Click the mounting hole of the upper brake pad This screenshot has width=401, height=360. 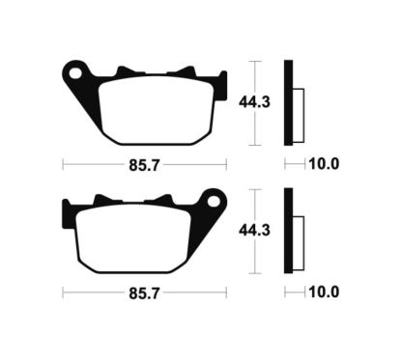[75, 73]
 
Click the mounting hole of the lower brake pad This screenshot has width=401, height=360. [214, 202]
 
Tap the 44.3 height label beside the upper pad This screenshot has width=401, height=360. [254, 102]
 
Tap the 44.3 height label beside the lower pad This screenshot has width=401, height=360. [254, 231]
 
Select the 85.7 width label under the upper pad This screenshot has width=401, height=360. [144, 165]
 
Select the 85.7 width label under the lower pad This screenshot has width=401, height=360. [144, 293]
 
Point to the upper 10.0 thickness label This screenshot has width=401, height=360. [324, 164]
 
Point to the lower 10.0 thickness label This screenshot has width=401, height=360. [324, 292]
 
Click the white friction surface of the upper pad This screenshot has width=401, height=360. [157, 109]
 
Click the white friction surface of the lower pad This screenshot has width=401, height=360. [133, 238]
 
